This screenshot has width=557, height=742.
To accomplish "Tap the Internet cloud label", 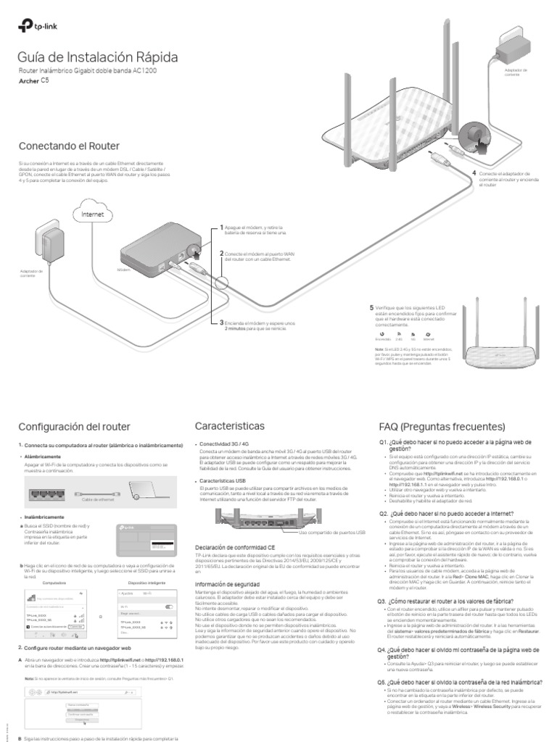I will [x=92, y=214].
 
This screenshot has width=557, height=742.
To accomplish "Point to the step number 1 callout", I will [x=222, y=227].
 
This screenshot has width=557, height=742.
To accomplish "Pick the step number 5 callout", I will [x=371, y=307].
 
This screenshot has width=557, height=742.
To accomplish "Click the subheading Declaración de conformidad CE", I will [x=235, y=547].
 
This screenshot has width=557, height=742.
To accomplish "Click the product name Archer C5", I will [x=35, y=82].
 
